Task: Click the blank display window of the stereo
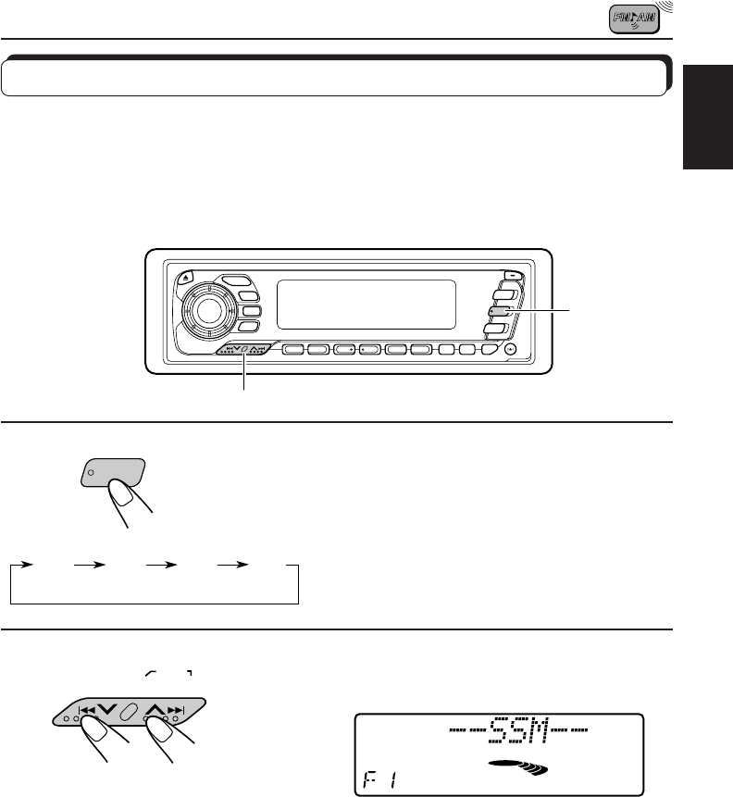(367, 304)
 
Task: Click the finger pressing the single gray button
(132, 507)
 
